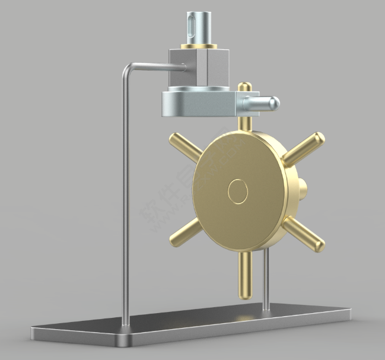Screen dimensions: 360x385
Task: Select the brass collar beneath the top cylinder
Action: [198, 46]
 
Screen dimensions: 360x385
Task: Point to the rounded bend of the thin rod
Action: [128, 68]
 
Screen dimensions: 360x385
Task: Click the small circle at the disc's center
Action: [238, 192]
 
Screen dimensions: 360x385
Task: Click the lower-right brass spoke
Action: [303, 232]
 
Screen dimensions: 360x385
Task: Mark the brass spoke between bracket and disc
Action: [243, 123]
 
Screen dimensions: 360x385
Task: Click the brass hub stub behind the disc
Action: [303, 190]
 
